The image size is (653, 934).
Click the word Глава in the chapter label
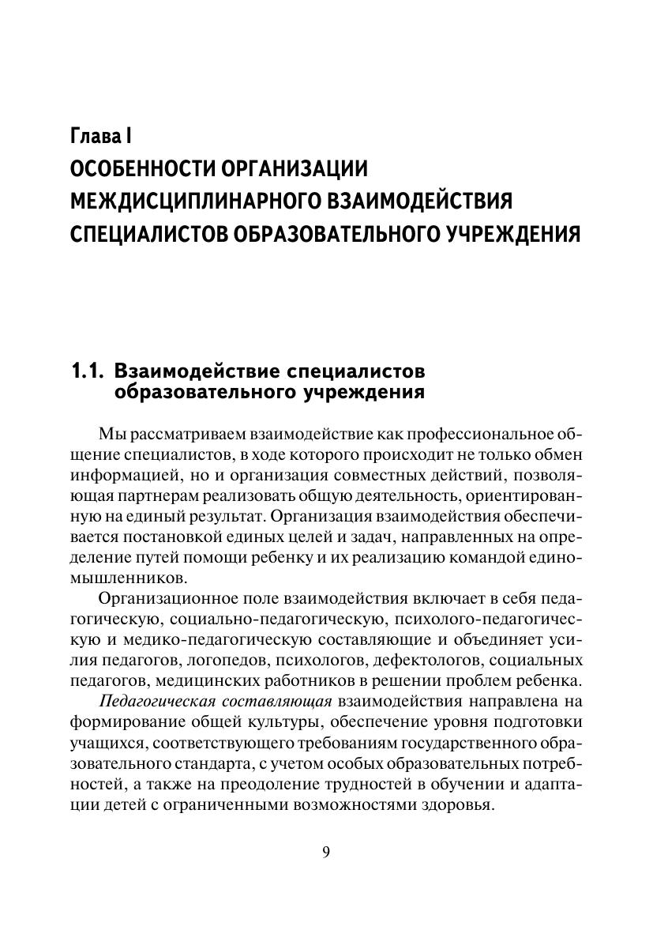pos(93,135)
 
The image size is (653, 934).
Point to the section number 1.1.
pos(87,371)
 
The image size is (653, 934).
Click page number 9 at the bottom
pos(326,851)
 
